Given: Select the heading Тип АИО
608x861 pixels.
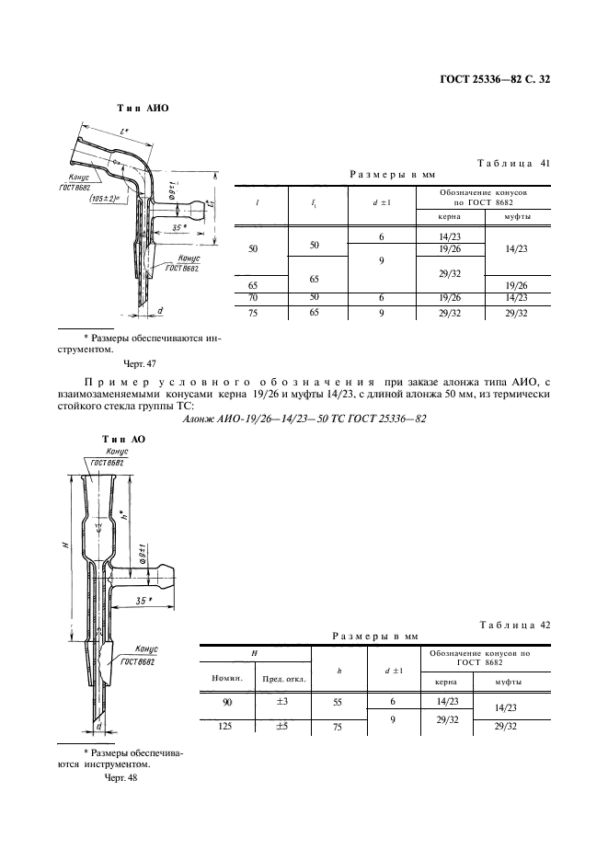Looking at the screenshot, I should click(x=143, y=108).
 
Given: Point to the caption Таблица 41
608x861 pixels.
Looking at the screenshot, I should click(x=514, y=164).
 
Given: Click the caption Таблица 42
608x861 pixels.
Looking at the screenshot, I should click(x=514, y=626).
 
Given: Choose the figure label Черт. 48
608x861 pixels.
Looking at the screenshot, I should click(x=120, y=778).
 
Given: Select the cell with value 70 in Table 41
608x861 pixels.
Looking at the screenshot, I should click(x=253, y=297).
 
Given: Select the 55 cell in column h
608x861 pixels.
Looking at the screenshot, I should click(x=339, y=702).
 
